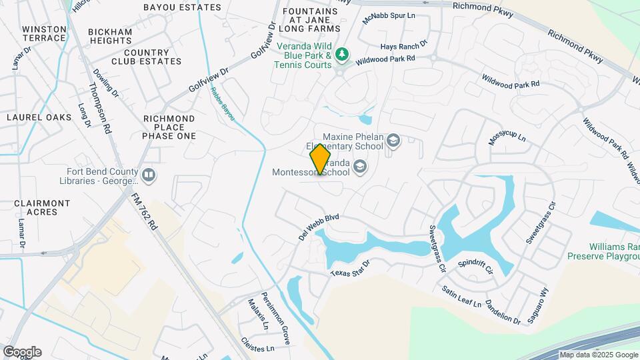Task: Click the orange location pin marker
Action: (x=321, y=159)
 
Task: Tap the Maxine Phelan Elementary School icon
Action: (x=393, y=140)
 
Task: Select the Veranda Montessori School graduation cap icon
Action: (x=360, y=166)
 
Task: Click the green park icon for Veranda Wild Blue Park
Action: (x=342, y=53)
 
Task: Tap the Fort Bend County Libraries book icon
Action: (x=149, y=175)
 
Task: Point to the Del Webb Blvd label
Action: (x=319, y=227)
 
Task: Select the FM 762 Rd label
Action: (x=143, y=212)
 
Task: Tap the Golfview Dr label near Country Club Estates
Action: (x=208, y=79)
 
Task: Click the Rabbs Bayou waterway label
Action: (x=223, y=104)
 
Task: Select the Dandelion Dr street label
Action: (x=502, y=311)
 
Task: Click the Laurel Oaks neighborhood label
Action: (x=39, y=117)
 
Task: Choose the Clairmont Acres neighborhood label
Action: (x=42, y=207)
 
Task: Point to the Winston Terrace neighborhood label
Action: (x=44, y=34)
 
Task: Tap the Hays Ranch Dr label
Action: (x=403, y=46)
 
